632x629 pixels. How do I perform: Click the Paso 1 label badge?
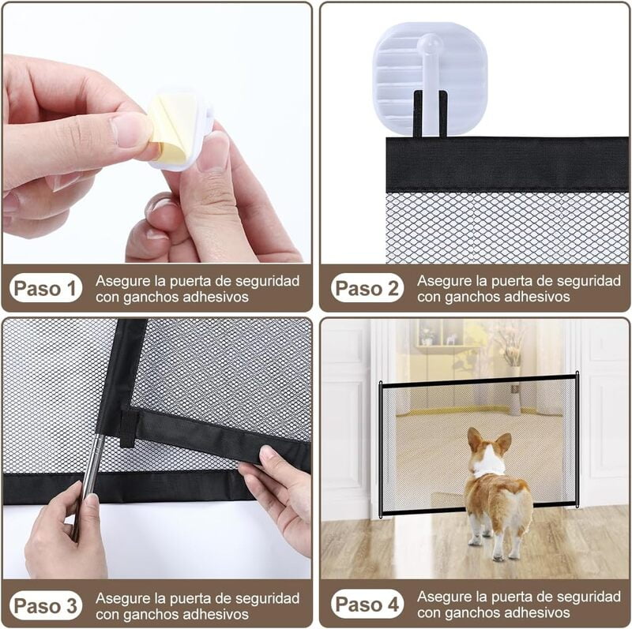[46, 289]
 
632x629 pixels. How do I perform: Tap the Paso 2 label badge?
[367, 289]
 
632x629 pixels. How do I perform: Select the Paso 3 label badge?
[46, 605]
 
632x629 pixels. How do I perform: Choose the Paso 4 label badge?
[367, 605]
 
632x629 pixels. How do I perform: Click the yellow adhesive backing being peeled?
[170, 126]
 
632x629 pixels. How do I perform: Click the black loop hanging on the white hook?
[431, 114]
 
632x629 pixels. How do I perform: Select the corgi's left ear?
[475, 439]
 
